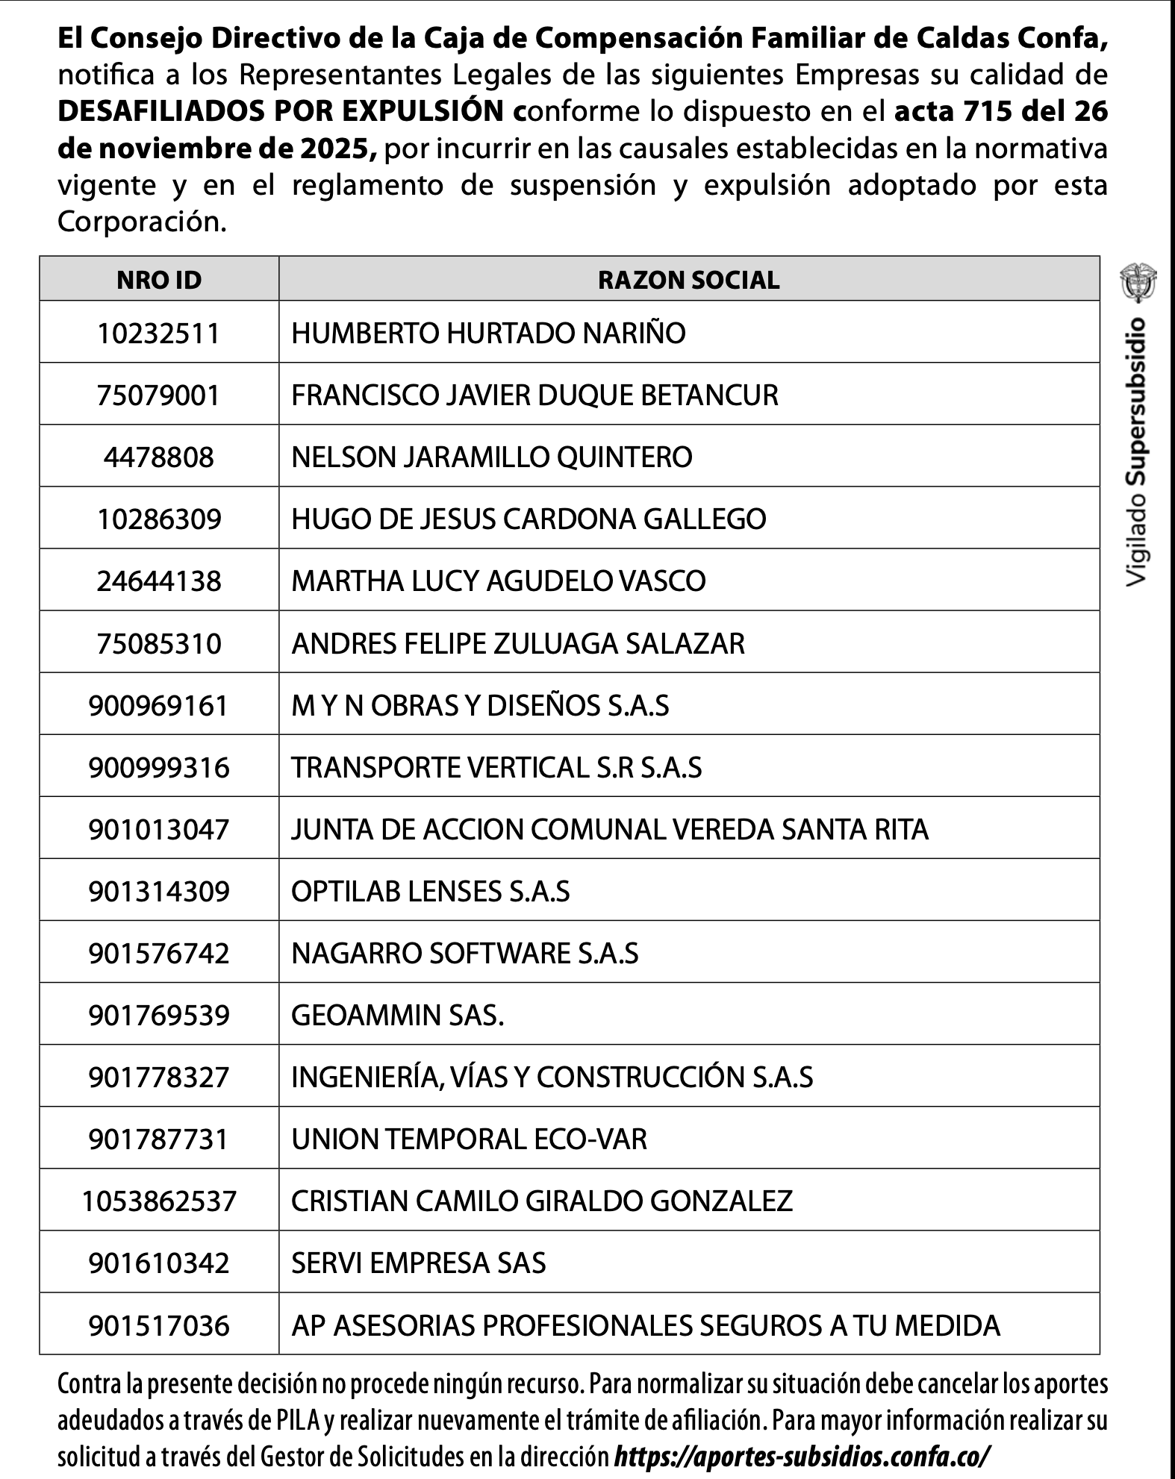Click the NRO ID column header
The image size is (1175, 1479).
tap(159, 280)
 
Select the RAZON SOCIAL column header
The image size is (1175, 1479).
tap(688, 280)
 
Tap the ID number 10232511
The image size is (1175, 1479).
tap(159, 333)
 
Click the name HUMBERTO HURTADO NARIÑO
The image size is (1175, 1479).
tap(488, 333)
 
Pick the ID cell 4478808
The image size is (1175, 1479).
tap(159, 457)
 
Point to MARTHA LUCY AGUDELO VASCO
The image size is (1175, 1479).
tap(498, 581)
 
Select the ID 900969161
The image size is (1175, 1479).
tap(159, 705)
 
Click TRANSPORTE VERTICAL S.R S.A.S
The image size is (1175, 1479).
tap(496, 767)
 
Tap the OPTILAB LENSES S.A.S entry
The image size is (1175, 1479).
tap(430, 891)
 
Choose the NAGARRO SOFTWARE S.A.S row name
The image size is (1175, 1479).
tap(464, 953)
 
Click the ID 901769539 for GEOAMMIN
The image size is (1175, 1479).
tap(159, 1015)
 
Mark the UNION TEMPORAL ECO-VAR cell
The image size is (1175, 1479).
tap(469, 1139)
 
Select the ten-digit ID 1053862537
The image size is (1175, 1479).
tap(159, 1201)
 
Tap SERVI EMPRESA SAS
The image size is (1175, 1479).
tap(418, 1263)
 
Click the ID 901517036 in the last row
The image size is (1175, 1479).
tap(159, 1325)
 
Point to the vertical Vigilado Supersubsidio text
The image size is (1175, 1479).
tap(1138, 451)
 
